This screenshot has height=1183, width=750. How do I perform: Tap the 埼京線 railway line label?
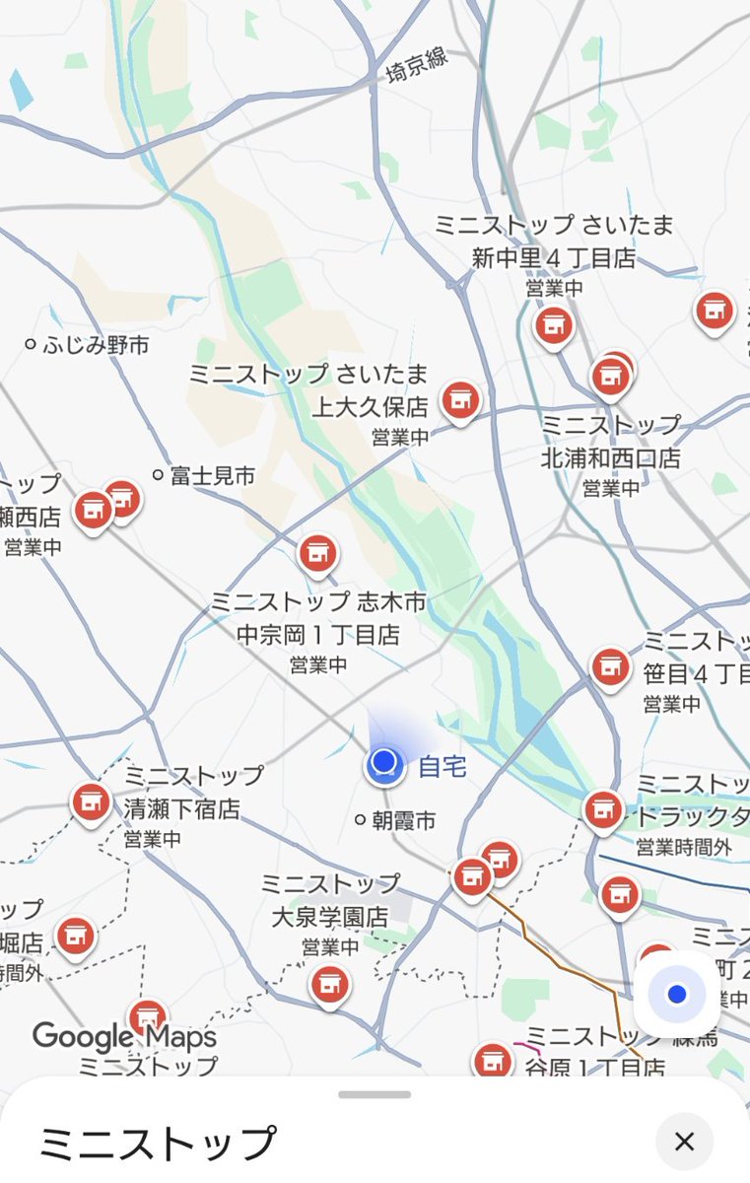click(417, 65)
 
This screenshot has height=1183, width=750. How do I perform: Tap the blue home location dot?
click(382, 763)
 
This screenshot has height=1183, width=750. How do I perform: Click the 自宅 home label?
click(443, 765)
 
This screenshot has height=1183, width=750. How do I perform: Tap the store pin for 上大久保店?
click(459, 400)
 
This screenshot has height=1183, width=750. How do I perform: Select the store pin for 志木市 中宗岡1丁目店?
click(317, 554)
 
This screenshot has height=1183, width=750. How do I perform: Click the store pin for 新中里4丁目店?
click(554, 324)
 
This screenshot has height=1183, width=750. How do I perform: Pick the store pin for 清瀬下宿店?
click(91, 801)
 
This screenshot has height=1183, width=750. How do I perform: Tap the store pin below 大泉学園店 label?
click(329, 983)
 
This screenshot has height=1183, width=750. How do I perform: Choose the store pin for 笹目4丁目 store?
click(611, 667)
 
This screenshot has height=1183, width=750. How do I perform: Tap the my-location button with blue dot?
click(676, 995)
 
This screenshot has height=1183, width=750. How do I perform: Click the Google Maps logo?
click(123, 1036)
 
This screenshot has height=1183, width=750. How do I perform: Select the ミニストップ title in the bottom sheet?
click(157, 1144)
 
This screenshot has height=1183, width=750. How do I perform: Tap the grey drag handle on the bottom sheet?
click(375, 1094)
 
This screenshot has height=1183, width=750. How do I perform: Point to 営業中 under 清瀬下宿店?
click(152, 840)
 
